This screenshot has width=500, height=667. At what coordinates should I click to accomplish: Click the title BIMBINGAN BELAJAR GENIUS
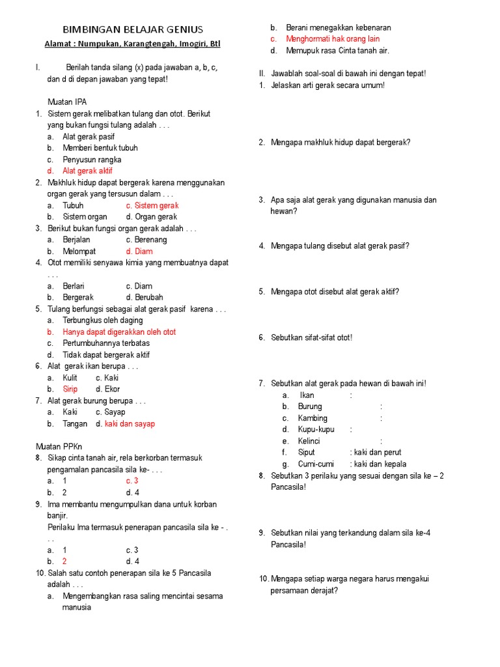(x=132, y=29)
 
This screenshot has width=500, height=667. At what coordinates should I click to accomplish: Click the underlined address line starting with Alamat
(x=132, y=44)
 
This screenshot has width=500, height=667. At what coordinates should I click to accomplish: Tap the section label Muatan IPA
(x=67, y=102)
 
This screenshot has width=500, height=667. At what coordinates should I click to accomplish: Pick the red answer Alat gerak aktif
(x=87, y=171)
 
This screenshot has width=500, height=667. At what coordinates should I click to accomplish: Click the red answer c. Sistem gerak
(x=152, y=205)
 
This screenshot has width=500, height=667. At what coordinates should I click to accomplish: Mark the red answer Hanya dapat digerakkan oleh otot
(x=119, y=332)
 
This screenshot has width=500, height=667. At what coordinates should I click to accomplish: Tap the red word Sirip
(x=70, y=390)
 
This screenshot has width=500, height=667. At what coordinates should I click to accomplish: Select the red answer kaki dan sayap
(x=130, y=424)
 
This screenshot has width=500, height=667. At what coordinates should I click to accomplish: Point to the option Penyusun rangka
(x=92, y=160)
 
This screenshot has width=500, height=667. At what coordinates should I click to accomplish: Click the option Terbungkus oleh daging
(x=102, y=320)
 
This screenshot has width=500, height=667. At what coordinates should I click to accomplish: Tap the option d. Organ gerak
(x=152, y=217)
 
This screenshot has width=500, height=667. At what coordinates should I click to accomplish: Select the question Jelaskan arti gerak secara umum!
(x=327, y=85)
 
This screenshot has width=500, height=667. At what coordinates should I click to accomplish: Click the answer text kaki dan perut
(x=378, y=452)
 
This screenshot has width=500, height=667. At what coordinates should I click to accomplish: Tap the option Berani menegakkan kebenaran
(x=339, y=28)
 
